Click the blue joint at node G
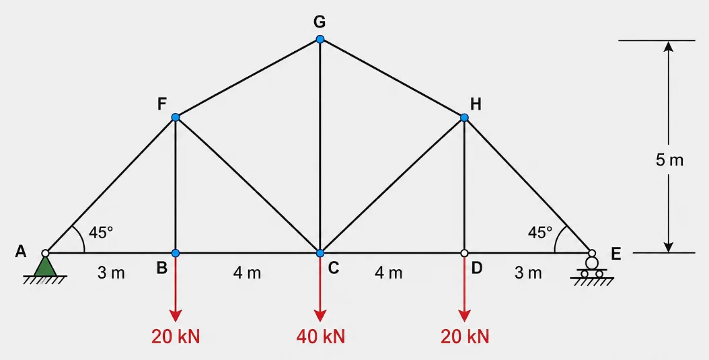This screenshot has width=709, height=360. pyautogui.click(x=320, y=39)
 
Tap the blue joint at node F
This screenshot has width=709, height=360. pyautogui.click(x=176, y=118)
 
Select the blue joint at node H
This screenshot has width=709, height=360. pyautogui.click(x=464, y=118)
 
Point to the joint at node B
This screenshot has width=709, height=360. pyautogui.click(x=176, y=253)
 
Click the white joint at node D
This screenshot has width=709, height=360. pyautogui.click(x=464, y=253)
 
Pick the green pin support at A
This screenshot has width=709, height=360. pyautogui.click(x=45, y=266)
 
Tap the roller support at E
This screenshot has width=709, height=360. pyautogui.click(x=591, y=268)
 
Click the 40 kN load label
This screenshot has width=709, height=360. pyautogui.click(x=321, y=337)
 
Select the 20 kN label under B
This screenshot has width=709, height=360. pyautogui.click(x=176, y=337)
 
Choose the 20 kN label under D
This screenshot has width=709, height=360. pyautogui.click(x=465, y=337)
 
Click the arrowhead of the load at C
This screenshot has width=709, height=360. pyautogui.click(x=320, y=316)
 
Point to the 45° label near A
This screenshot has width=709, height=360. pyautogui.click(x=100, y=232)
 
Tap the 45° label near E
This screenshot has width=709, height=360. pyautogui.click(x=540, y=232)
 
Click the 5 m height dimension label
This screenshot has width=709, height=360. pyautogui.click(x=670, y=160)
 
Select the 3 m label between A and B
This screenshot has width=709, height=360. pyautogui.click(x=111, y=273)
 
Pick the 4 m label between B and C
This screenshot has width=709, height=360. pyautogui.click(x=247, y=273)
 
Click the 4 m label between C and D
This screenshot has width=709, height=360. pyautogui.click(x=388, y=273)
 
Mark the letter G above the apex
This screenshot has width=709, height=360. pyautogui.click(x=320, y=22)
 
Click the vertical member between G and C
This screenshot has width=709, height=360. pyautogui.click(x=320, y=146)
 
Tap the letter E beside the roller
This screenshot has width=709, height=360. pyautogui.click(x=616, y=254)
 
